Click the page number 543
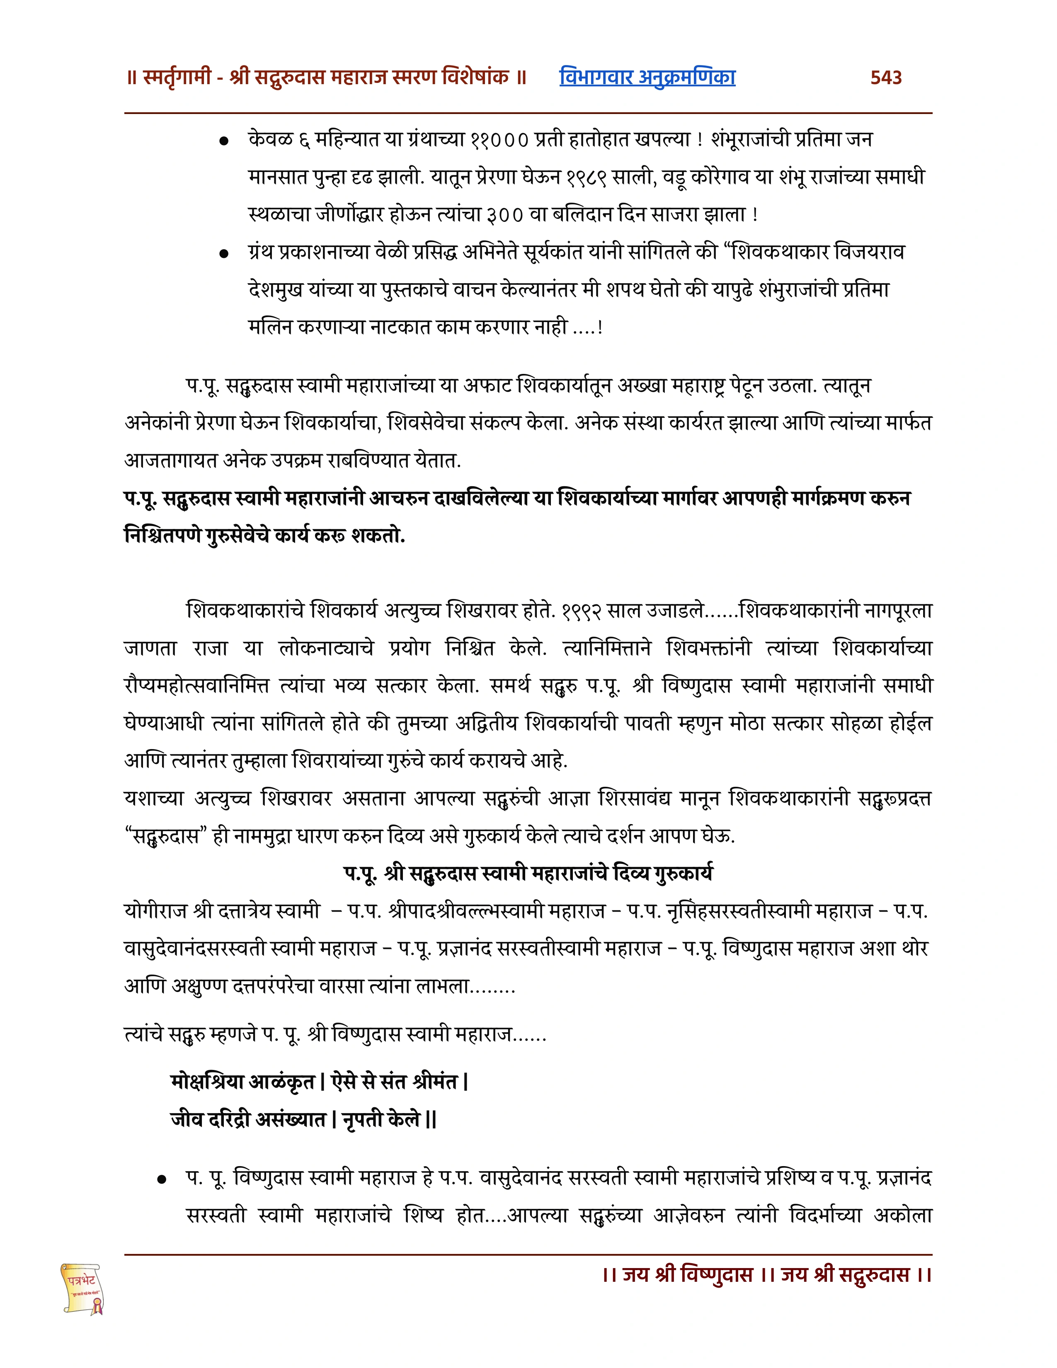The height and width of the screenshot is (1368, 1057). pyautogui.click(x=885, y=78)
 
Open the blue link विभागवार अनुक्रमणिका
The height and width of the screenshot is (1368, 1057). pyautogui.click(x=647, y=78)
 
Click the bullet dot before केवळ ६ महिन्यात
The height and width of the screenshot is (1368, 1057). pyautogui.click(x=223, y=141)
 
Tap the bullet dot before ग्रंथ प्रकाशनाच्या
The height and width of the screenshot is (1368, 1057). pyautogui.click(x=223, y=254)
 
